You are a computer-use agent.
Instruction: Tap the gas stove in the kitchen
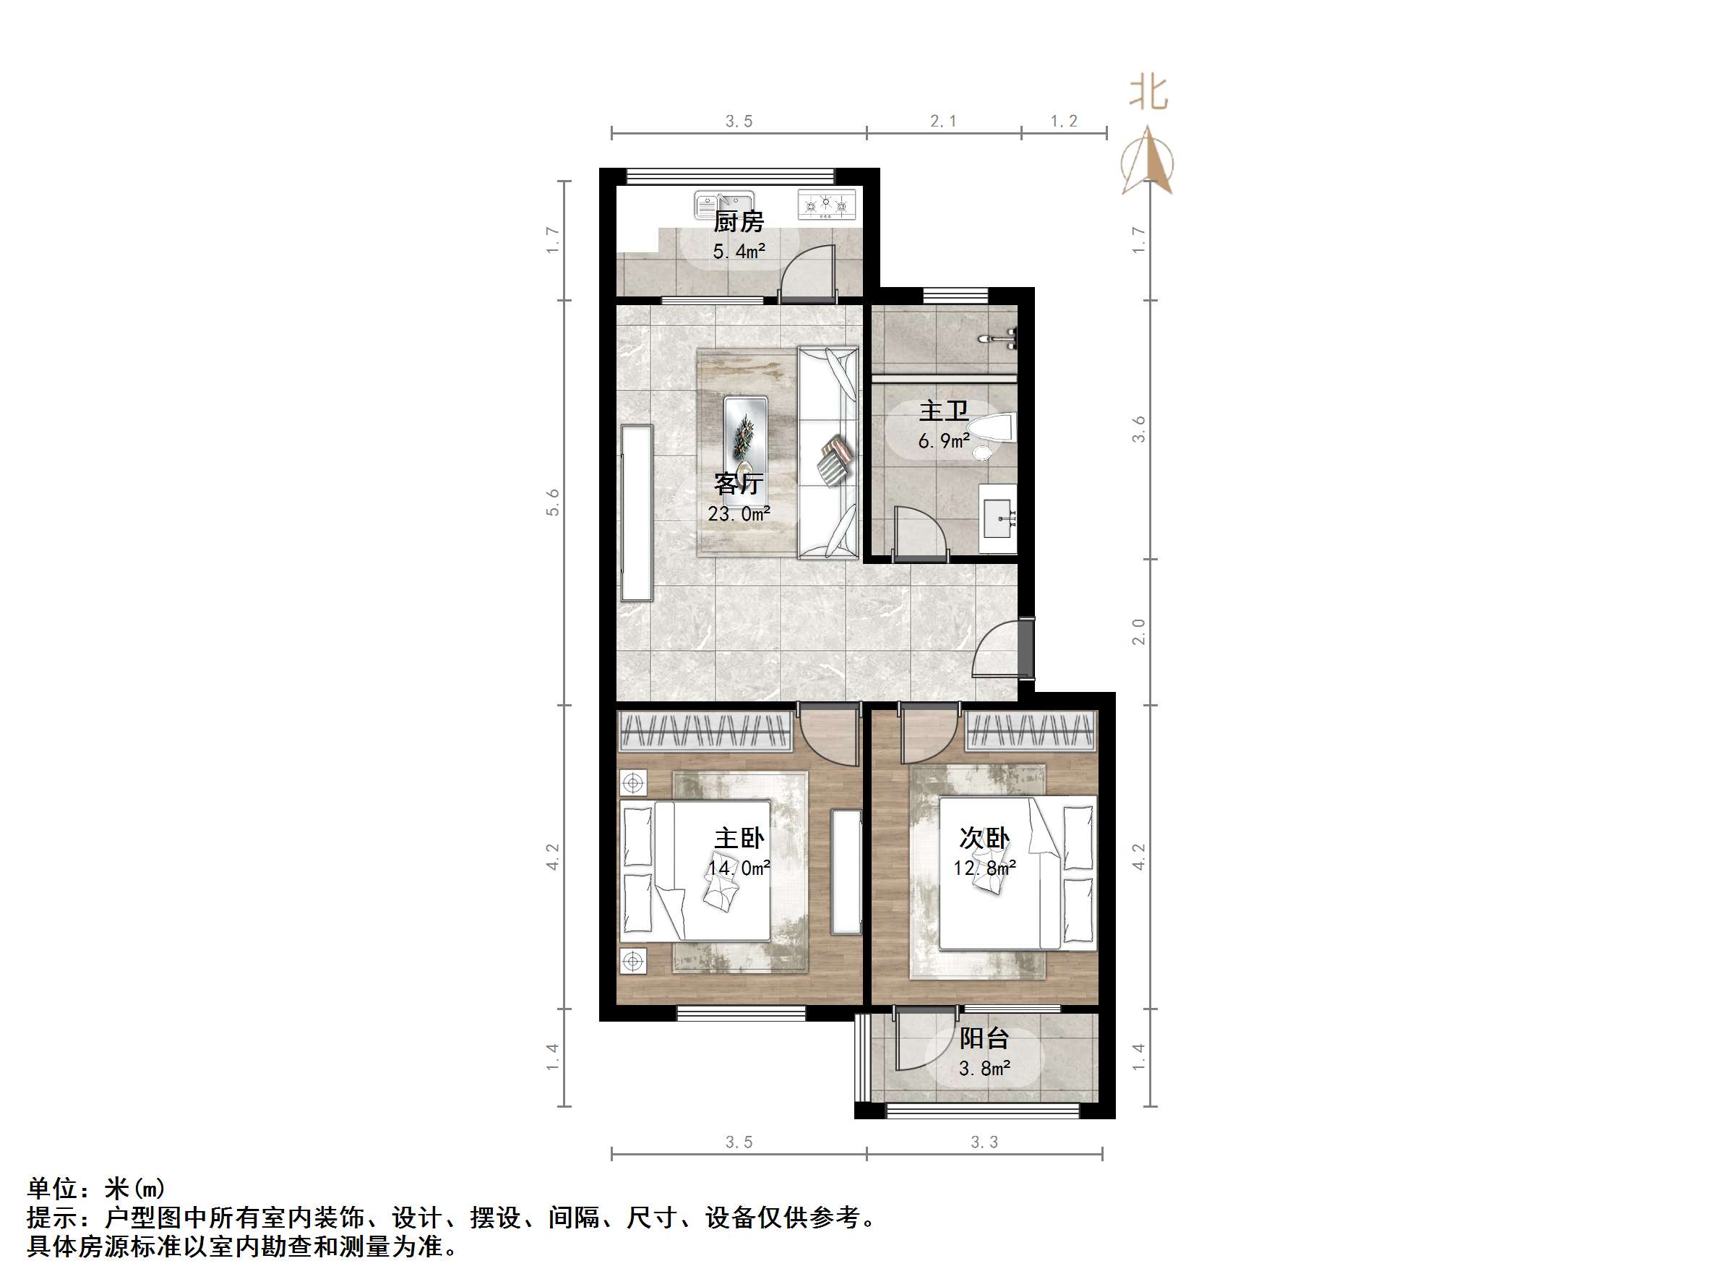[827, 205]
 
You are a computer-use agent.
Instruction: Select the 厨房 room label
[738, 223]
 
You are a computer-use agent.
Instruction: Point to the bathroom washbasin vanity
[998, 518]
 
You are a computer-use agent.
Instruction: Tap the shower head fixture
[1000, 338]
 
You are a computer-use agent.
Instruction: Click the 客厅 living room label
[738, 484]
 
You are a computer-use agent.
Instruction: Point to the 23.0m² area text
[738, 513]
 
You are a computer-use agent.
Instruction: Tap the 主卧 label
[738, 839]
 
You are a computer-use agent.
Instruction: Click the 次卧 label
[984, 839]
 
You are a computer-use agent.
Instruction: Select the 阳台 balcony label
[984, 1039]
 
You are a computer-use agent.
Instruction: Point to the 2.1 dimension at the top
[943, 121]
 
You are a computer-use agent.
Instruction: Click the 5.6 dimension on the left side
[553, 502]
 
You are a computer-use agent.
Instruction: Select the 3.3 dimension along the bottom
[984, 1142]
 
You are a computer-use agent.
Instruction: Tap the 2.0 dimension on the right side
[1138, 631]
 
